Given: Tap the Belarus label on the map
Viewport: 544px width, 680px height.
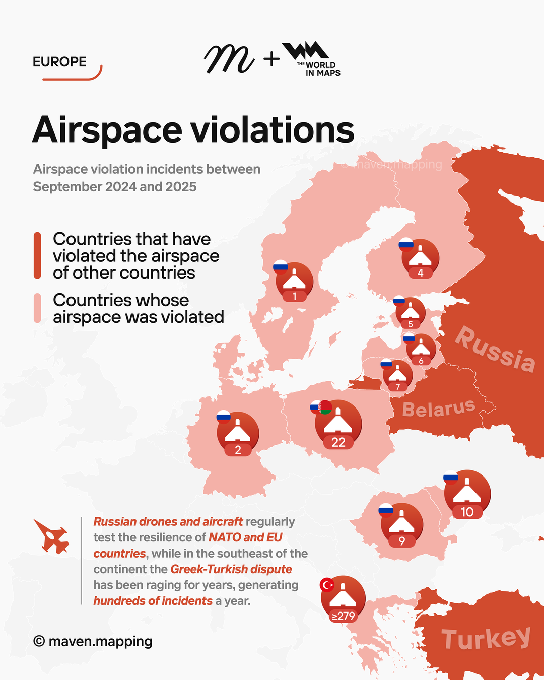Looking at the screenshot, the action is pyautogui.click(x=439, y=408).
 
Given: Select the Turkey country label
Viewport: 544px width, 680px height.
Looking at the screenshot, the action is pyautogui.click(x=486, y=638).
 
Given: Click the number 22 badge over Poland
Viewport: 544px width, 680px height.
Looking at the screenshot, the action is pyautogui.click(x=338, y=442).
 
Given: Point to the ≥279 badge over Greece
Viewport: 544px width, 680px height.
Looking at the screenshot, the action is pyautogui.click(x=343, y=616).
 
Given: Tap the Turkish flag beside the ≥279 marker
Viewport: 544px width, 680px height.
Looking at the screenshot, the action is pyautogui.click(x=327, y=585).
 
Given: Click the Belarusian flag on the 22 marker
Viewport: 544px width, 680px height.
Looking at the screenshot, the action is pyautogui.click(x=325, y=407).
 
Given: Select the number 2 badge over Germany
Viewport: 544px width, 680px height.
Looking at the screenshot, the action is pyautogui.click(x=238, y=450).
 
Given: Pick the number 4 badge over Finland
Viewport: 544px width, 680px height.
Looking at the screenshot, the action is pyautogui.click(x=420, y=273).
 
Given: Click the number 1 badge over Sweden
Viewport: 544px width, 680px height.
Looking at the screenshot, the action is pyautogui.click(x=295, y=296).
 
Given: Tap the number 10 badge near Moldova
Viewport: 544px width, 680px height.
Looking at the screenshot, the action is pyautogui.click(x=467, y=512).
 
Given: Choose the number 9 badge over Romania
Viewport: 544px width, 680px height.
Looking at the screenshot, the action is pyautogui.click(x=401, y=541).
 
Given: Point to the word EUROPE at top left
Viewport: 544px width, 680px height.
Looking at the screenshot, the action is pyautogui.click(x=59, y=62).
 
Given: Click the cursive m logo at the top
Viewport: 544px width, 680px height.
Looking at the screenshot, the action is pyautogui.click(x=229, y=59).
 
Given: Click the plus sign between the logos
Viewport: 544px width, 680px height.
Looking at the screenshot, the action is pyautogui.click(x=271, y=59).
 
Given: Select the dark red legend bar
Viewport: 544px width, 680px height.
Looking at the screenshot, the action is pyautogui.click(x=37, y=255).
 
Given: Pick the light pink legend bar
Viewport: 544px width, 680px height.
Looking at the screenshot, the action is pyautogui.click(x=37, y=308).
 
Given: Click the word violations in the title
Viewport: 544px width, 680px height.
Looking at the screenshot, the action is pyautogui.click(x=272, y=130).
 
